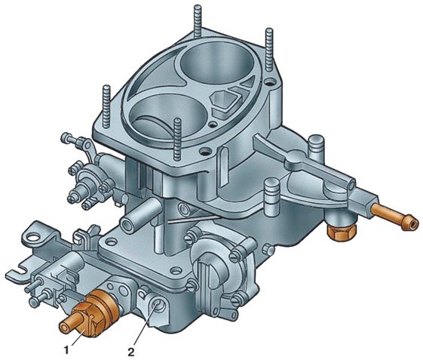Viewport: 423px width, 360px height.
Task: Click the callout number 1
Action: [66, 350]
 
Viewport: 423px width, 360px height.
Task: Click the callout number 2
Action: [131, 352]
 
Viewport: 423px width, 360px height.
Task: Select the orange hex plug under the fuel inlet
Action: [341, 233]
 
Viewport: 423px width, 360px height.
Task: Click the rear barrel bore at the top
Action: [217, 63]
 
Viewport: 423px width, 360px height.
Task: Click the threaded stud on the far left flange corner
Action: [106, 106]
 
